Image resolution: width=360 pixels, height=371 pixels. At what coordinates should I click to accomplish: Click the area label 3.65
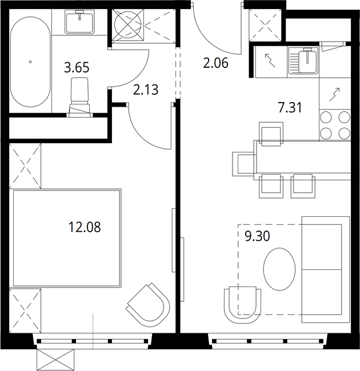(77, 68)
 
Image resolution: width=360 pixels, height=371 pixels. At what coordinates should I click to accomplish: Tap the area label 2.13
(146, 90)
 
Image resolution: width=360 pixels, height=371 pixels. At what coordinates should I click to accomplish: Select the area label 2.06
(215, 63)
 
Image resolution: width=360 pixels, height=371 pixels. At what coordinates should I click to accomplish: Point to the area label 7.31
(290, 108)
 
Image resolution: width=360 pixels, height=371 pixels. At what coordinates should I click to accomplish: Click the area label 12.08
(85, 227)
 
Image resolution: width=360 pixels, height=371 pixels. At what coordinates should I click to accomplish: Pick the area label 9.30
(257, 236)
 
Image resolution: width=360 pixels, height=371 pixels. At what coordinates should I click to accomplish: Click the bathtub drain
(30, 62)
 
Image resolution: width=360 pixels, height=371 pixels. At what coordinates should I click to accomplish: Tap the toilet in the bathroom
(79, 97)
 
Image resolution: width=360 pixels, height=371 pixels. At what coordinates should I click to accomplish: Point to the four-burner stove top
(335, 125)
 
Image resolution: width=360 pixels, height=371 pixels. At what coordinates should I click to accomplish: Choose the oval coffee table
(279, 269)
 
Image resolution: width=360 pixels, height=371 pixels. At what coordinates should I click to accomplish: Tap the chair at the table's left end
(245, 164)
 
